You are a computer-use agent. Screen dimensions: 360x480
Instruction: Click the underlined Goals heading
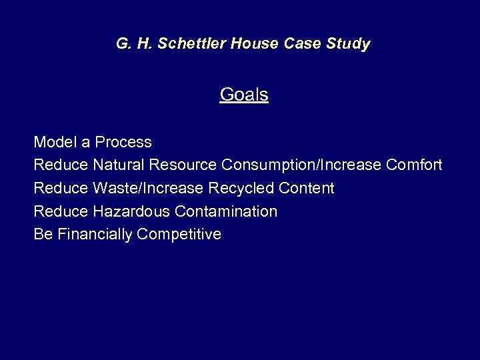point(244,95)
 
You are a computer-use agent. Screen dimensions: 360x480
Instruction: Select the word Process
point(123,142)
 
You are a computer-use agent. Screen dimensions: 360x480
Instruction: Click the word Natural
point(120,165)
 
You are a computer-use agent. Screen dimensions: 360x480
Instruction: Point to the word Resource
point(184,165)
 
